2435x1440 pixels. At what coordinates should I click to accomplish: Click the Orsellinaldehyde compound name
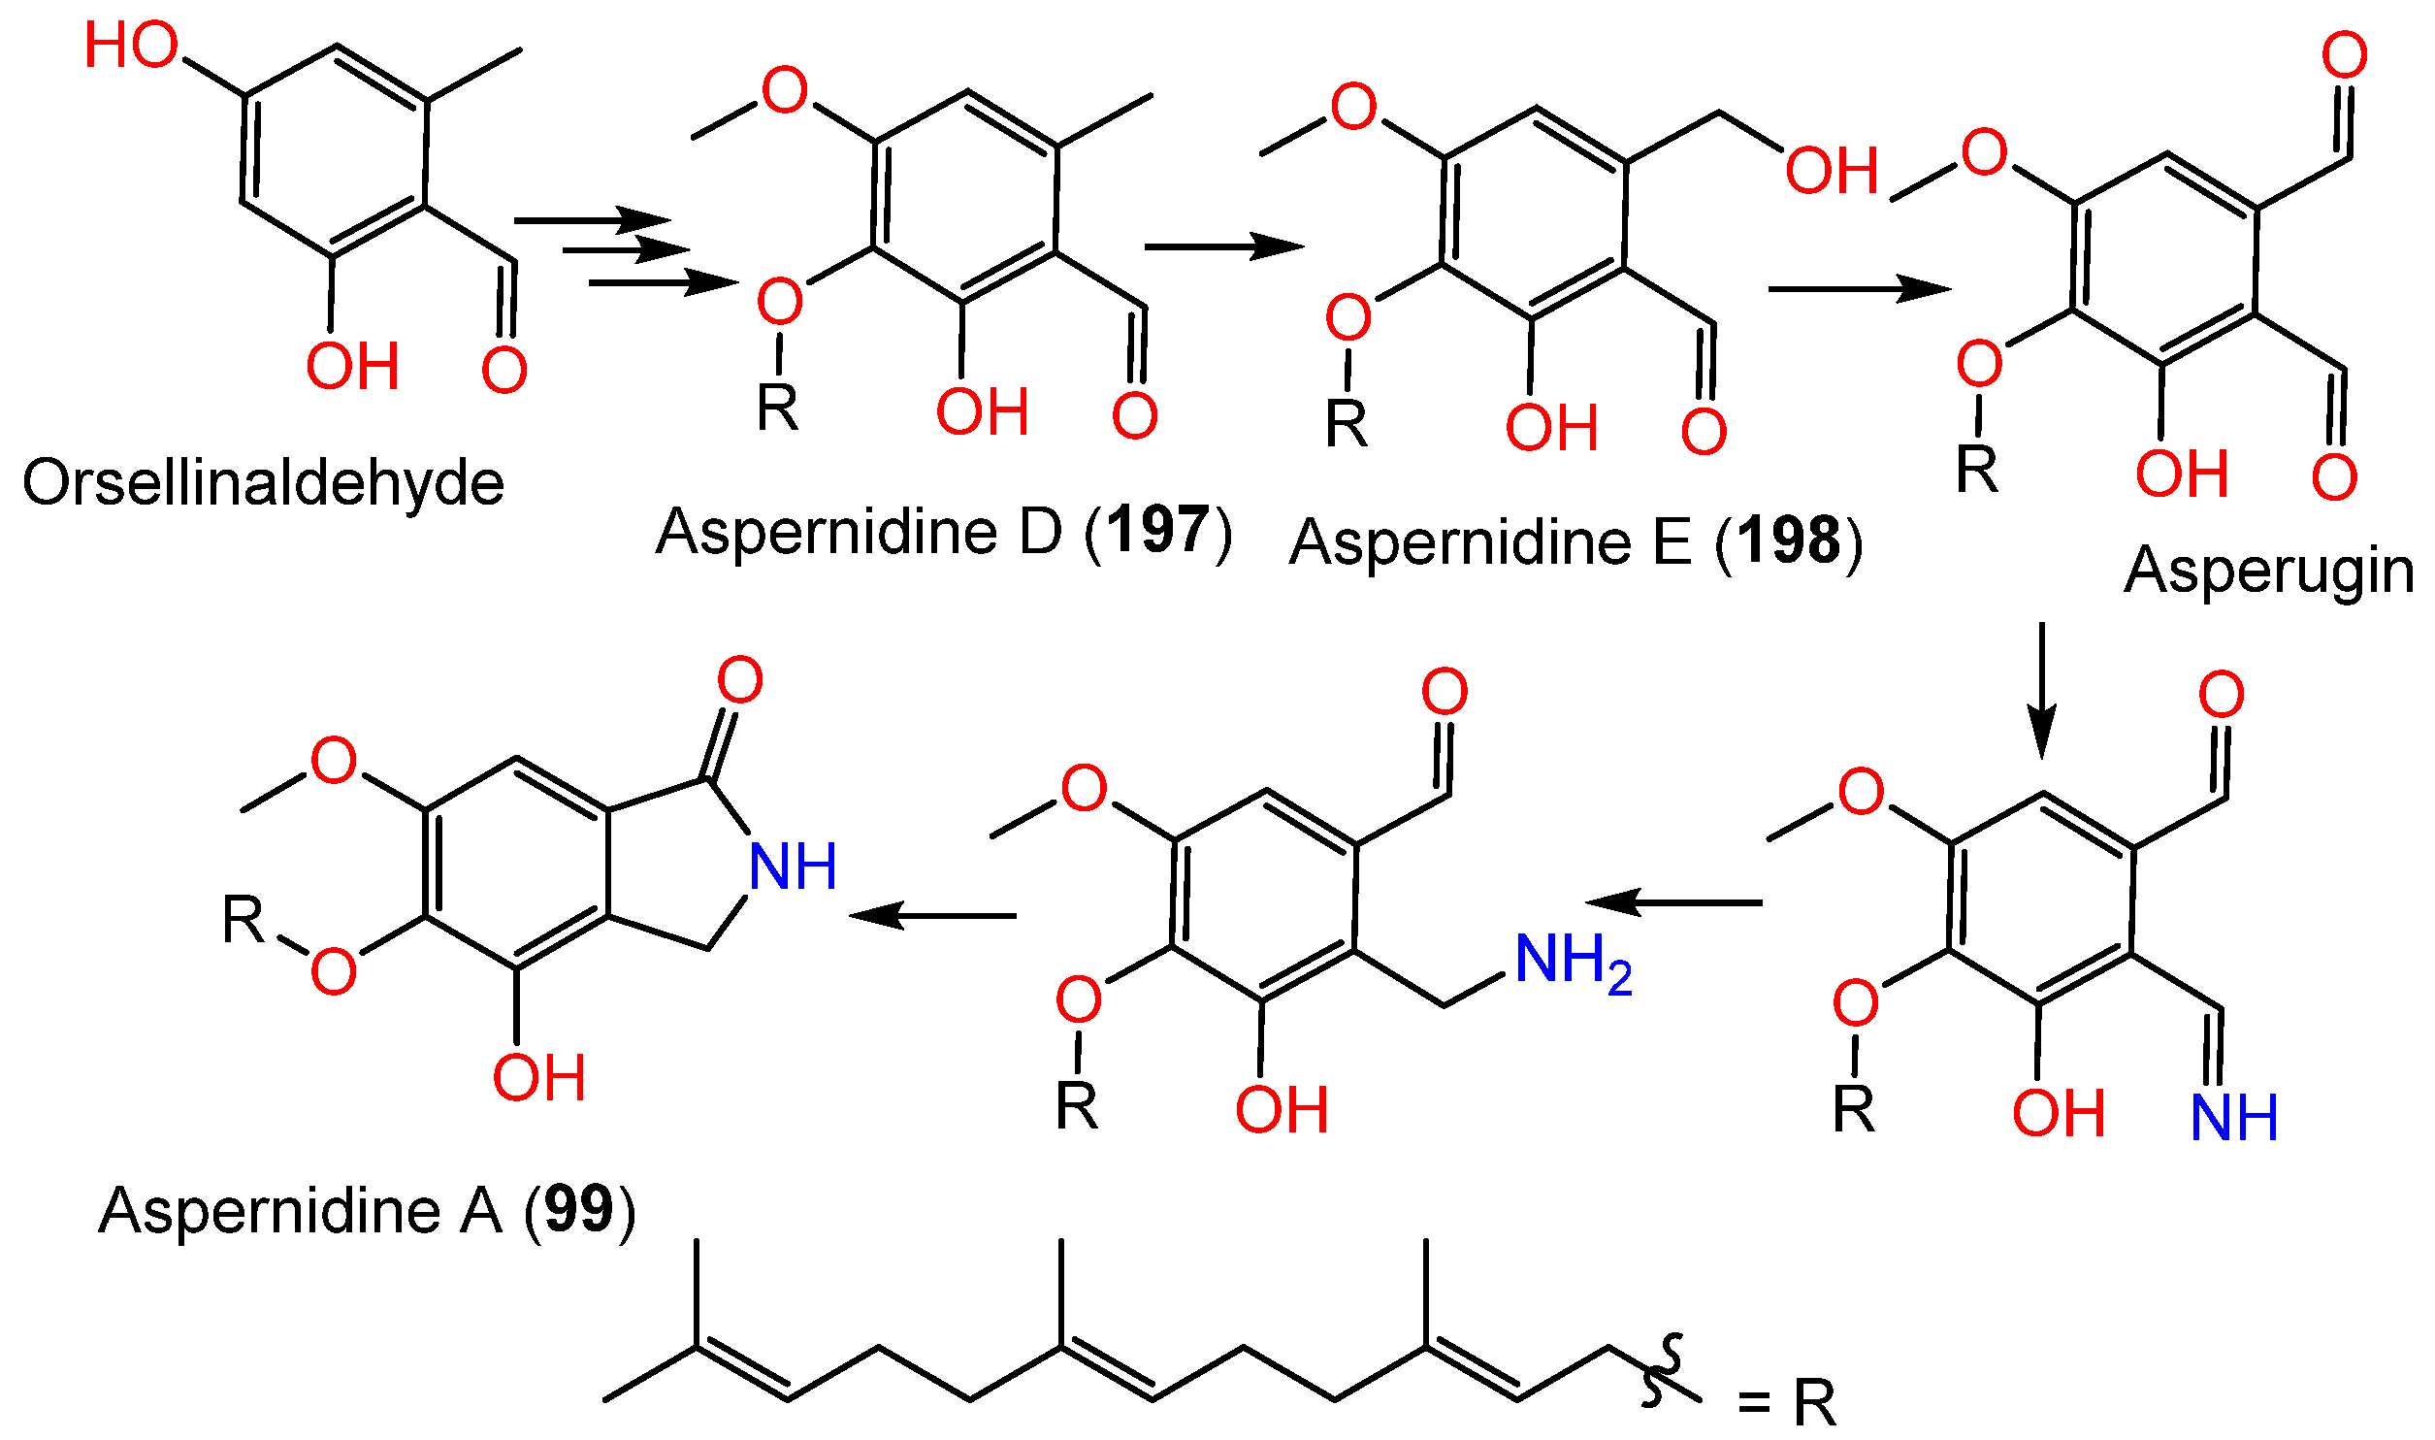point(263,483)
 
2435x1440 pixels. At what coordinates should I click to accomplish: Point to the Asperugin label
point(2269,571)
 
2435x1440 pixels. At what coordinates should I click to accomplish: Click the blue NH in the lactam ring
point(793,867)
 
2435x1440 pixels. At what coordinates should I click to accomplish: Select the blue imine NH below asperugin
point(2234,1118)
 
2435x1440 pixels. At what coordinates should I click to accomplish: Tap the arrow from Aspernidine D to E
point(1223,246)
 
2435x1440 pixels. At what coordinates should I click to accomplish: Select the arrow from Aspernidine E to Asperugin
point(1859,288)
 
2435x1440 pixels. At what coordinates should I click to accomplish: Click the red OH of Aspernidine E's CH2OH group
point(1832,171)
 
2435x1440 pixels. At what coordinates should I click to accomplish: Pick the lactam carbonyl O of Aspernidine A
point(740,680)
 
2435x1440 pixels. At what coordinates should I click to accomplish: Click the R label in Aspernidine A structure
point(243,919)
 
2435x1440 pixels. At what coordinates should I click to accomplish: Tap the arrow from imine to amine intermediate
point(1674,902)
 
